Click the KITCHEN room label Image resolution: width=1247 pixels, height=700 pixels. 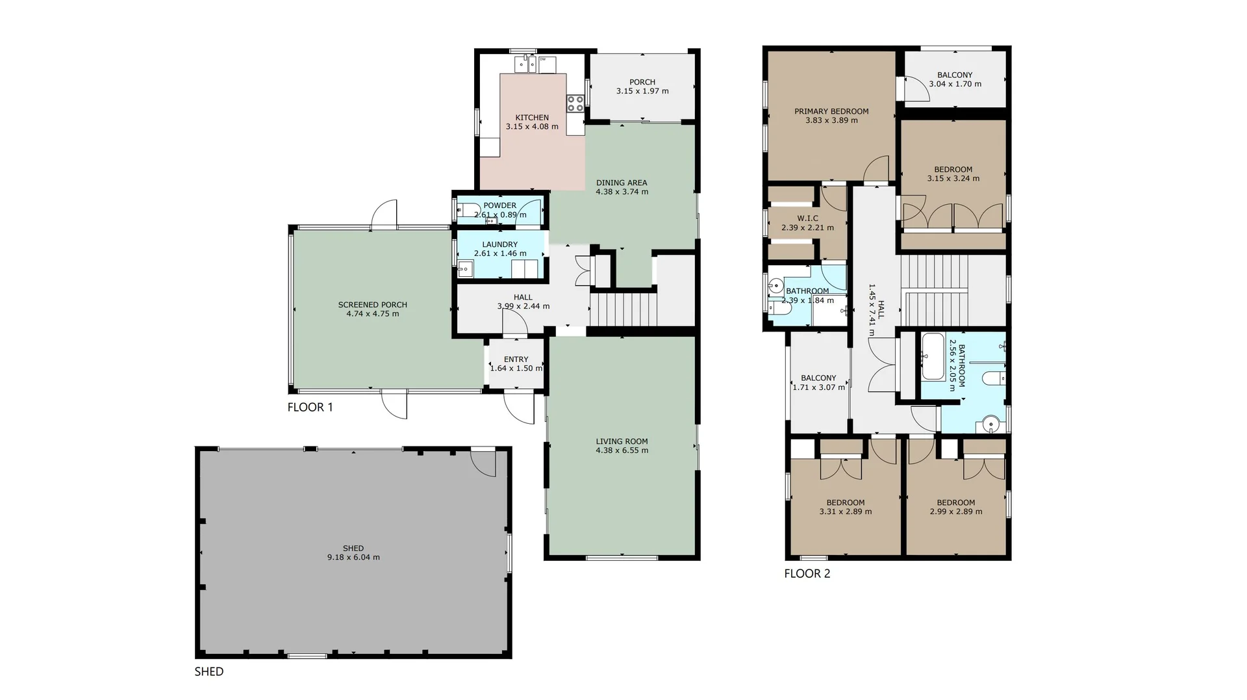532,118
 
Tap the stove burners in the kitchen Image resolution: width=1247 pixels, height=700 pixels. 575,104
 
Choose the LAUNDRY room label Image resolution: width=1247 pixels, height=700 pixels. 499,244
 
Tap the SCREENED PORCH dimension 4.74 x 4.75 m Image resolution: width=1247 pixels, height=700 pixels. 373,314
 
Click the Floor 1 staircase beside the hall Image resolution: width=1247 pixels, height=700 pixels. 623,309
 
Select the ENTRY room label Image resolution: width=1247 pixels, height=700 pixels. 516,359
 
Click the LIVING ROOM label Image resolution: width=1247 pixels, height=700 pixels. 622,441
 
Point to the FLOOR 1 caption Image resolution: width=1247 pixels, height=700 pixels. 310,408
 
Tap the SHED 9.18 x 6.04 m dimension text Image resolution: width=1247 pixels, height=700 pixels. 353,558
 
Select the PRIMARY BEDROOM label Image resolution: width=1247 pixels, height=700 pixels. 831,111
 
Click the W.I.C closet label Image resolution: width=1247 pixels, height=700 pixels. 807,218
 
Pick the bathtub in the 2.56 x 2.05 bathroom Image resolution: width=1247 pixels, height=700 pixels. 933,357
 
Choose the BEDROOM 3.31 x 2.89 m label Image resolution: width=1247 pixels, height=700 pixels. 845,502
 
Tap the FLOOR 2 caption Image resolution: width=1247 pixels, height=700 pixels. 807,573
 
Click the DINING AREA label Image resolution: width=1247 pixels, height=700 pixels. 622,183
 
